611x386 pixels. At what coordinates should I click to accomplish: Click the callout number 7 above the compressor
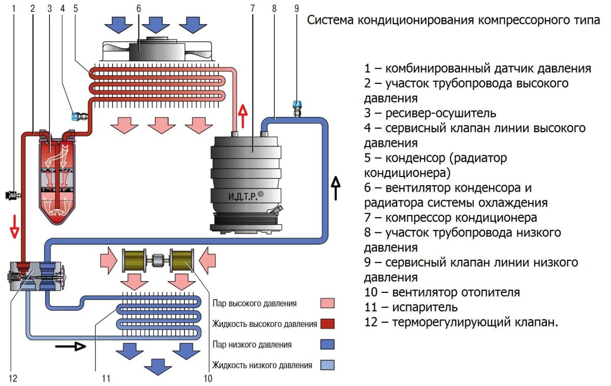click(x=253, y=8)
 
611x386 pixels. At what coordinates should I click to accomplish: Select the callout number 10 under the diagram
click(x=208, y=378)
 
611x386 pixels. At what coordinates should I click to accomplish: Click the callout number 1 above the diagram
click(x=14, y=8)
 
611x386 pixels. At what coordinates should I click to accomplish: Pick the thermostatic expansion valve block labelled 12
click(x=36, y=276)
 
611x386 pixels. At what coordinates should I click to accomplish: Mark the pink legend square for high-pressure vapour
click(x=327, y=304)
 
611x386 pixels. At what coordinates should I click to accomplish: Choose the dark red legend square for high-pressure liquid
click(x=327, y=324)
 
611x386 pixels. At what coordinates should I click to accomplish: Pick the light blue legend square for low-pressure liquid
click(x=327, y=365)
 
